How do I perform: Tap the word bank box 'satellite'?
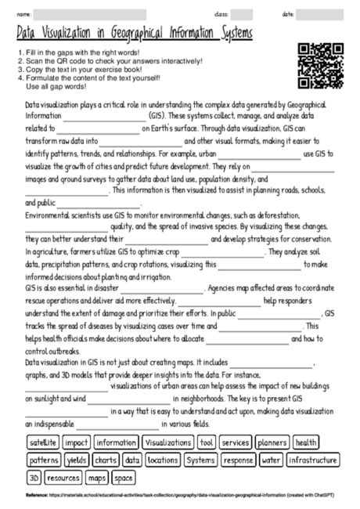[42, 443]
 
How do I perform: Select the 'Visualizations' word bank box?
[167, 443]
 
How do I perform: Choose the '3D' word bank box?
[34, 476]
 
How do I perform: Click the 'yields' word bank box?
[77, 460]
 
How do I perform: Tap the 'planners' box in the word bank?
[272, 443]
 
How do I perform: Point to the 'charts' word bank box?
[106, 460]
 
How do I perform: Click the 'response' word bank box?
[239, 460]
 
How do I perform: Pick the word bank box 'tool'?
[207, 443]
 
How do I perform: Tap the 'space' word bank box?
[123, 476]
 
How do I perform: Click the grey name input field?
[90, 15]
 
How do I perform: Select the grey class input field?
[242, 15]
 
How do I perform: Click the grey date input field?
[320, 15]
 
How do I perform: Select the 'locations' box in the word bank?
[162, 460]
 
